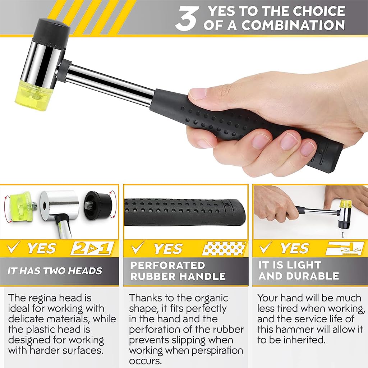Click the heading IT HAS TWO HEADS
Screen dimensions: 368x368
[55, 271]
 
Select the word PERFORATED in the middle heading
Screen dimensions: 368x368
[167, 265]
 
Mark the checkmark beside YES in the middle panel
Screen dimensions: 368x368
[138, 247]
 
